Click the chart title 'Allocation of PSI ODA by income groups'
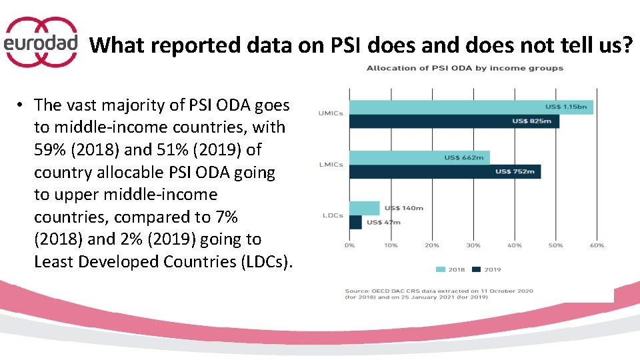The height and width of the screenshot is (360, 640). click(465, 68)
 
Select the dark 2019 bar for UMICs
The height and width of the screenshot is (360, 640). click(453, 121)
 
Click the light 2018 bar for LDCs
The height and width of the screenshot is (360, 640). click(364, 208)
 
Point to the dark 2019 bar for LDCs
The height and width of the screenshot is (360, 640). click(355, 222)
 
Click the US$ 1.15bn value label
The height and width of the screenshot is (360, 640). click(567, 107)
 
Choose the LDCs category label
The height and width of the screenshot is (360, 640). click(333, 215)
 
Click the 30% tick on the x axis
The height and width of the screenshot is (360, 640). click(473, 245)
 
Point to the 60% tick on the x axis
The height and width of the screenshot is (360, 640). click(597, 245)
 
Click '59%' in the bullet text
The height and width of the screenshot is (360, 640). click(48, 149)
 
